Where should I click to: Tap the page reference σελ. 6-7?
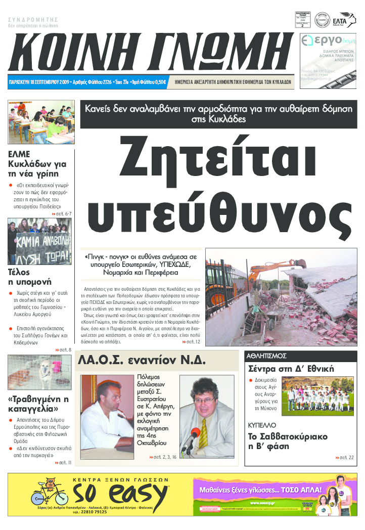coord(62,214)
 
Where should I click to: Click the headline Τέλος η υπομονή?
coord(30,277)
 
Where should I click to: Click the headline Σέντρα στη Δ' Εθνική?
coord(291,369)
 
